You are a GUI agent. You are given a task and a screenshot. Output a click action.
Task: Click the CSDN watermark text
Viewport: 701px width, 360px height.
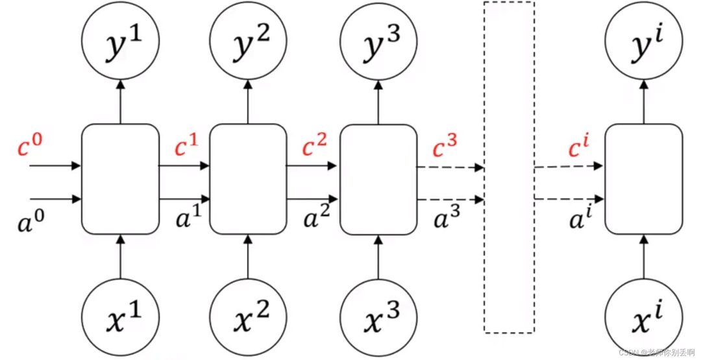coord(659,352)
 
